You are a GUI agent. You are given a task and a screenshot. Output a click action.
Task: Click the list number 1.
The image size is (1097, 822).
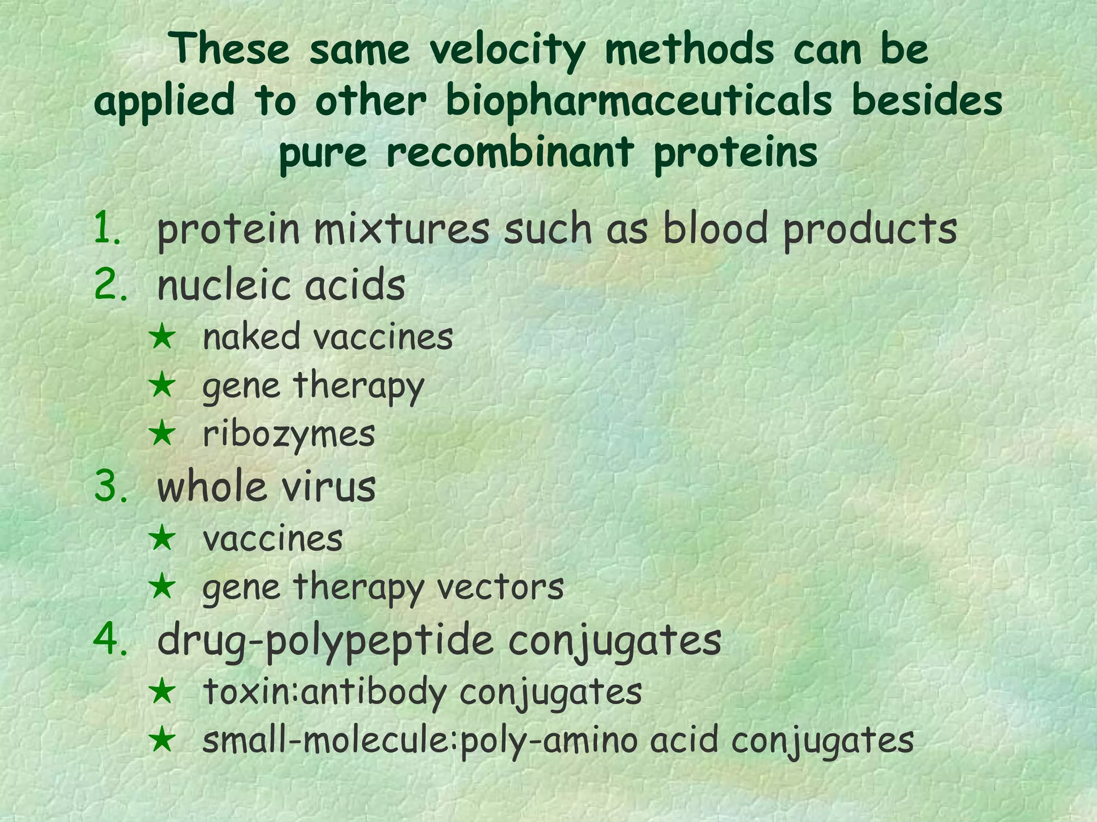(108, 228)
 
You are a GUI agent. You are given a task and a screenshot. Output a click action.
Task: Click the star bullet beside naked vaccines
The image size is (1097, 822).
(162, 338)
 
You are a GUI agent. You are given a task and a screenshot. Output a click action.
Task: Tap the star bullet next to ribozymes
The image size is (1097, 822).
(162, 433)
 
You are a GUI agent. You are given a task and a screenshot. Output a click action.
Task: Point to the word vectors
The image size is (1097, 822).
(500, 587)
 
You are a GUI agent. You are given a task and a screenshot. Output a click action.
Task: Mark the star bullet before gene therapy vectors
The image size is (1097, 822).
(162, 586)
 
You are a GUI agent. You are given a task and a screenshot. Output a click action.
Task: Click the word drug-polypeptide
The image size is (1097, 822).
(325, 641)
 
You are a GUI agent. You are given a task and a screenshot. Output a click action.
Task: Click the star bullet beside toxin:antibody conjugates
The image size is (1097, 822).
(162, 691)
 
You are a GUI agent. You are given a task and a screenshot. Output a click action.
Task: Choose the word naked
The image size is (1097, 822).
(251, 338)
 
